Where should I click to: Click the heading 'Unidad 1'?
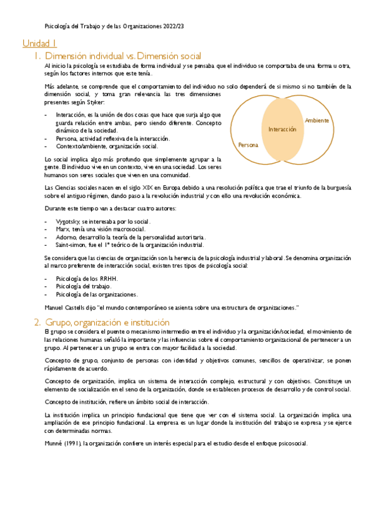click(x=40, y=44)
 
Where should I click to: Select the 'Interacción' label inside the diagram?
click(x=282, y=129)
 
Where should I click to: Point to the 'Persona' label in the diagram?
click(x=248, y=145)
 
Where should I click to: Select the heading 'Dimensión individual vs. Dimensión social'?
click(x=123, y=56)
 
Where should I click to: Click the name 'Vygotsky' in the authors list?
click(x=68, y=221)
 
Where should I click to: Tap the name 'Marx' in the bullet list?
click(x=62, y=229)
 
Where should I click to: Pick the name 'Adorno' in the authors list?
click(x=66, y=237)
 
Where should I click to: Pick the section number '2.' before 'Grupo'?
click(x=37, y=323)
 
